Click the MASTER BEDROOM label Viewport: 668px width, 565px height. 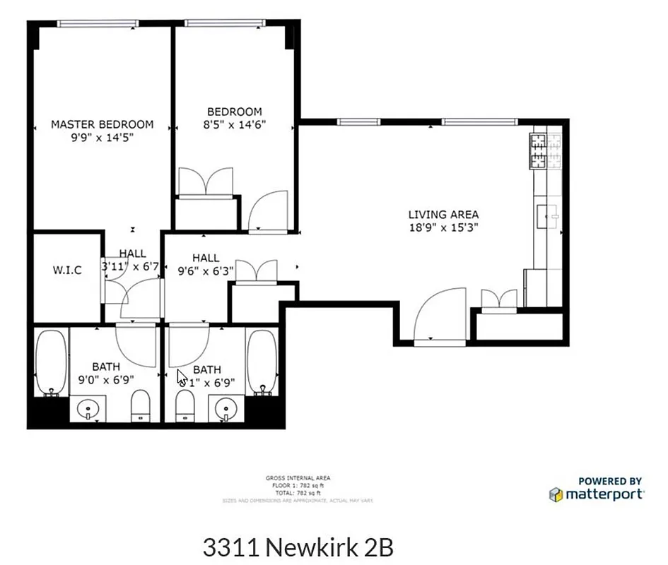tap(102, 124)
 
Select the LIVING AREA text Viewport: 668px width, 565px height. tap(443, 214)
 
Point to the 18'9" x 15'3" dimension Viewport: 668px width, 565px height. tap(443, 227)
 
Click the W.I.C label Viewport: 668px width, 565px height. tap(67, 270)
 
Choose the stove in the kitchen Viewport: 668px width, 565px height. tap(546, 152)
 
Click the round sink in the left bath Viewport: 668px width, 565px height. tap(90, 408)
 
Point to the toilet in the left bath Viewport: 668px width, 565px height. tap(141, 405)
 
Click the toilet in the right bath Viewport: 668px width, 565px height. tap(183, 405)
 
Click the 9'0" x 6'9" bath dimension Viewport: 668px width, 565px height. tap(105, 380)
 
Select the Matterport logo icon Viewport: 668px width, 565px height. tap(556, 494)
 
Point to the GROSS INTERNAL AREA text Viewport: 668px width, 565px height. tap(298, 478)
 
